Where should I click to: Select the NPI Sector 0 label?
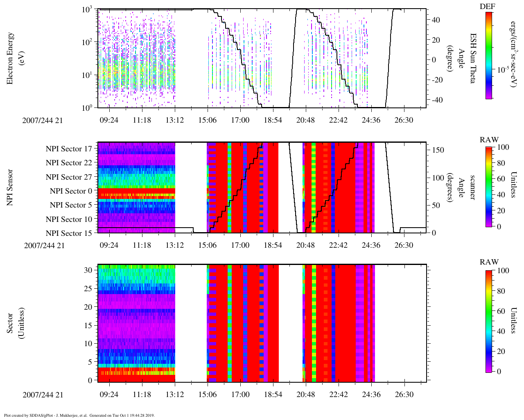click(71, 191)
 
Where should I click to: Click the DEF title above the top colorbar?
click(489, 6)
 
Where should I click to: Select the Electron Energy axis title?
click(14, 58)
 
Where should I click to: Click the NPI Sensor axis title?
click(10, 187)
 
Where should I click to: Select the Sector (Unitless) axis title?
click(14, 323)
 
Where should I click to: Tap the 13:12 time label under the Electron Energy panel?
click(175, 120)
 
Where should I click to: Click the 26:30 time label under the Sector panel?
click(404, 395)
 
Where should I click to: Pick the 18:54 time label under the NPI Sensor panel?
click(273, 245)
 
